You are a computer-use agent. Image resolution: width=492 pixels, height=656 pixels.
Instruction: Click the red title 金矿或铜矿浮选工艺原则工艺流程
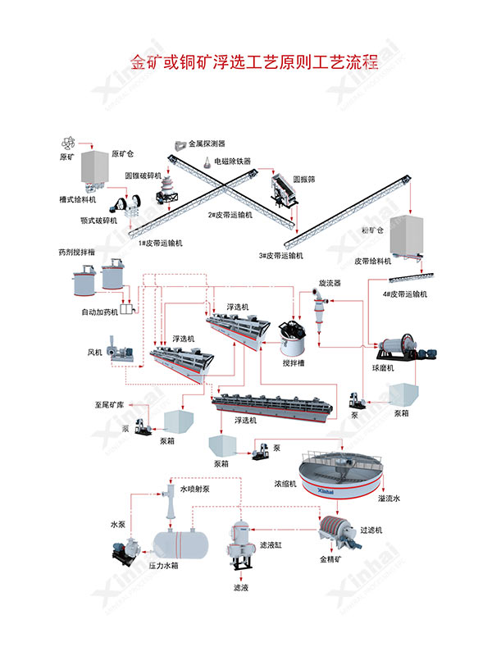click(x=254, y=62)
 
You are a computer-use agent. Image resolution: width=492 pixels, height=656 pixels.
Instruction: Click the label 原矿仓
click(x=122, y=153)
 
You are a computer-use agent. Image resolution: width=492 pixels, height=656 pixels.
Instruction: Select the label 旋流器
click(x=330, y=283)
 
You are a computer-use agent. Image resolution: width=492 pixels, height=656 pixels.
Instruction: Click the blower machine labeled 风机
click(x=124, y=350)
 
